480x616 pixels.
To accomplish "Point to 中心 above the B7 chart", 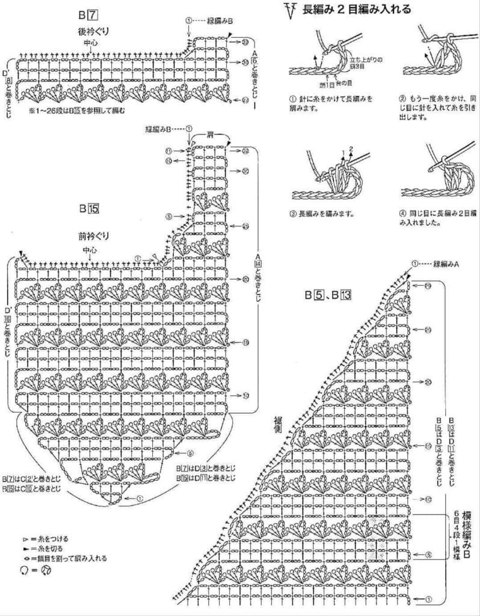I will [90, 43].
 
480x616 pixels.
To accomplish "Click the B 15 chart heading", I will [88, 209].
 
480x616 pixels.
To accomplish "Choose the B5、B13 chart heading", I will [327, 295].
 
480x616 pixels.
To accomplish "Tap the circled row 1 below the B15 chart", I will [139, 499].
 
